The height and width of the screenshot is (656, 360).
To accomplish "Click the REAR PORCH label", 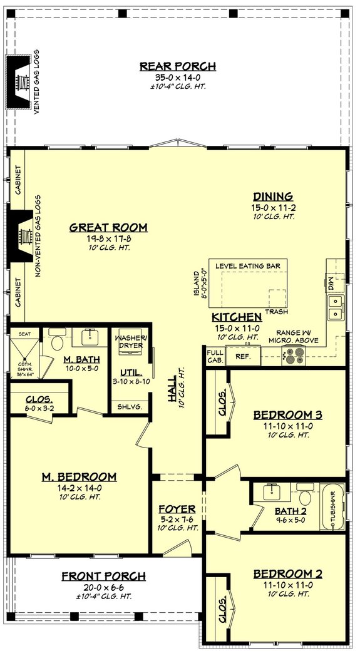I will [177, 66].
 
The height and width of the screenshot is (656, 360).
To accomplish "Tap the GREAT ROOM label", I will [108, 227].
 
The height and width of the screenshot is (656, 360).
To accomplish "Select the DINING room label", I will [273, 196].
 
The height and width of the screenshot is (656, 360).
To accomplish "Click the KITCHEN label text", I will [236, 317].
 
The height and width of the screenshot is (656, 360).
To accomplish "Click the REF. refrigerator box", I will [242, 356].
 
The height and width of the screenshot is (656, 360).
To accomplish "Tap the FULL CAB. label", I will [215, 356].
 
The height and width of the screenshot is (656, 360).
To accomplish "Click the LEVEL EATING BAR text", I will [247, 266].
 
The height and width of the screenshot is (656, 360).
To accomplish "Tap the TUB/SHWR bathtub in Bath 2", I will [332, 506].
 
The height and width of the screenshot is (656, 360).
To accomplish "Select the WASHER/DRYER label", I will [131, 341].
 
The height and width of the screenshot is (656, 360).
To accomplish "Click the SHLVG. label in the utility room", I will [130, 406].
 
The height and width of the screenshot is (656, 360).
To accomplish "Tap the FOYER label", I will [177, 509].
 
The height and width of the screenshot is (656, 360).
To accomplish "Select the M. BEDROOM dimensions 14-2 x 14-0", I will [80, 488].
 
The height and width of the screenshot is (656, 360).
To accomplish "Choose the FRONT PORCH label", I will [104, 576].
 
